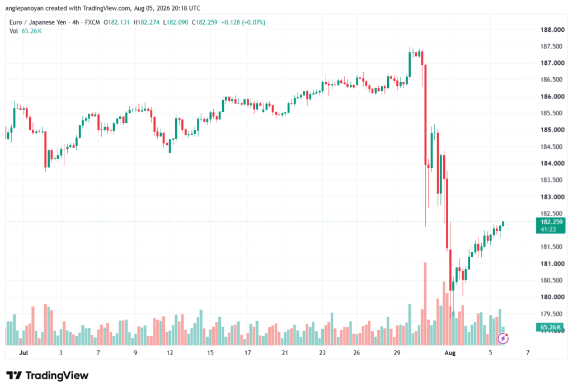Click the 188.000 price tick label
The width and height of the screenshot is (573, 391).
(x=552, y=30)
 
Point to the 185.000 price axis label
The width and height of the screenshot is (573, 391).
(x=552, y=130)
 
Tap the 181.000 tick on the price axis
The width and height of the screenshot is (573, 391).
(x=552, y=263)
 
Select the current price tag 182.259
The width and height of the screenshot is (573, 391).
(x=551, y=222)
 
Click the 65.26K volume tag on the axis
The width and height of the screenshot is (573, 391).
(x=551, y=327)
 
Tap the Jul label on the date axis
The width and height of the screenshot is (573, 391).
(x=24, y=353)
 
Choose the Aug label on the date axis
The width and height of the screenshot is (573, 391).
(x=450, y=353)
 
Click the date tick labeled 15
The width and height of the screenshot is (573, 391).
(x=210, y=353)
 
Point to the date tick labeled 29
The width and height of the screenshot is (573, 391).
(x=397, y=353)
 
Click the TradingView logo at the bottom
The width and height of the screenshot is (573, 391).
(x=48, y=376)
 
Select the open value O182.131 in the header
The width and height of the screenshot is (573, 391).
(x=116, y=22)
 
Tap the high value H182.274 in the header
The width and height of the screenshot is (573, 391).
(x=147, y=22)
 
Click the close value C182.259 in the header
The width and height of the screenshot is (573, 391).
(x=205, y=22)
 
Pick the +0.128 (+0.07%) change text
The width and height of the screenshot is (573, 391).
(x=243, y=22)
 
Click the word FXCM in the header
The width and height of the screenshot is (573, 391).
(x=92, y=22)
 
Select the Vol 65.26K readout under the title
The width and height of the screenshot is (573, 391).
(x=26, y=31)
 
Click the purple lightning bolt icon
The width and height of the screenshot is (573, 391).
(x=503, y=339)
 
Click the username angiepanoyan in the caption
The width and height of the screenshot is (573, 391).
(x=24, y=8)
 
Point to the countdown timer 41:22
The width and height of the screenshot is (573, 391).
(x=548, y=229)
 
